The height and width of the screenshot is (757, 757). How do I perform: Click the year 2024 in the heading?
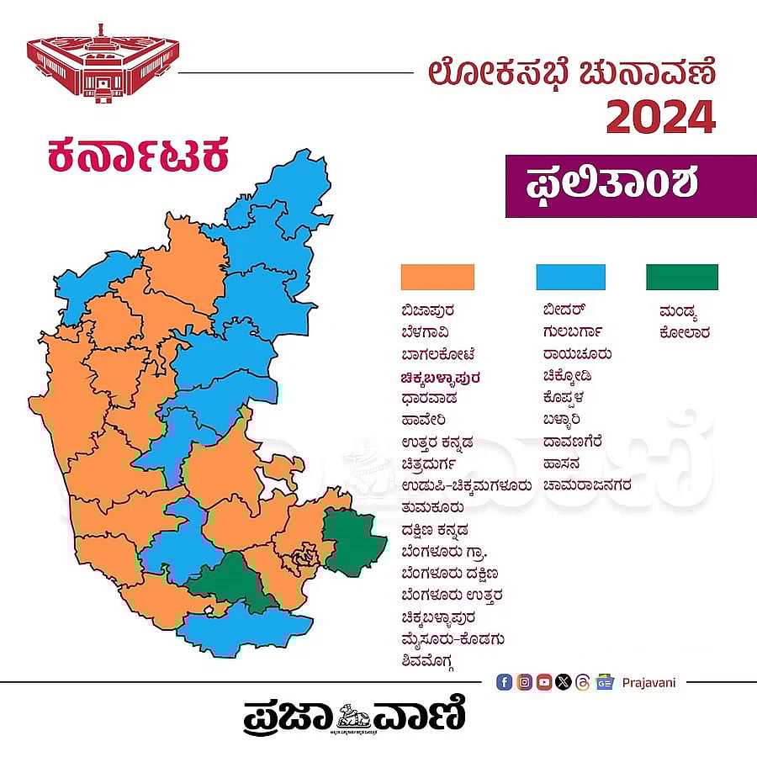(660, 117)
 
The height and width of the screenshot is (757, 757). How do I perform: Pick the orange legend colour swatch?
(437, 277)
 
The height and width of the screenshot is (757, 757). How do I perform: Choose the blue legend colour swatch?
(570, 277)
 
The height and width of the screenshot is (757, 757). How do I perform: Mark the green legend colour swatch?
(681, 277)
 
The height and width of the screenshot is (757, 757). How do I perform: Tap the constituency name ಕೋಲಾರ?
(685, 332)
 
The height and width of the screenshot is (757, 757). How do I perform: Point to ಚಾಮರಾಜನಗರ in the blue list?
(586, 485)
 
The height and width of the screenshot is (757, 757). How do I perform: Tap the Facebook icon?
(504, 682)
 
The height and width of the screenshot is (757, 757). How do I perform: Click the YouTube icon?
(544, 682)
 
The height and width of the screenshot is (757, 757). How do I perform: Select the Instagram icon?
(524, 682)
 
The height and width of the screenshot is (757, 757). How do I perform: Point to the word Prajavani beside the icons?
(648, 682)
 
